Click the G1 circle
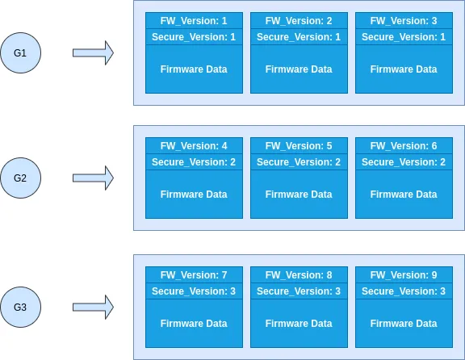coord(20,52)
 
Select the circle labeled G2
coord(20,178)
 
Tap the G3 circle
coord(20,307)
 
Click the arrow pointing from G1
coord(93,52)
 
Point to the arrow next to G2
coord(93,178)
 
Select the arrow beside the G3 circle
coord(93,307)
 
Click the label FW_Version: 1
coord(194,21)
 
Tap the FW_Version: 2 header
coord(299,21)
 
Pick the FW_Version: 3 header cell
coord(404,21)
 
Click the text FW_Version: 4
coord(194,146)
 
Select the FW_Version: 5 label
coord(299,146)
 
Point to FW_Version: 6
coord(404,146)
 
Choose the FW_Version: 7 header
coord(194,275)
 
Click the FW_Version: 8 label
coord(299,275)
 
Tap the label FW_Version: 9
coord(404,275)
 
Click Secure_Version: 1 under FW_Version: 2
coord(299,37)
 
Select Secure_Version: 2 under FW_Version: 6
coord(404,162)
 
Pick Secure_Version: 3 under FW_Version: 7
coord(194,291)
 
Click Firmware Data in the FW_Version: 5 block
coord(299,195)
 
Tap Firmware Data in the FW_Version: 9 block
coord(404,323)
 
